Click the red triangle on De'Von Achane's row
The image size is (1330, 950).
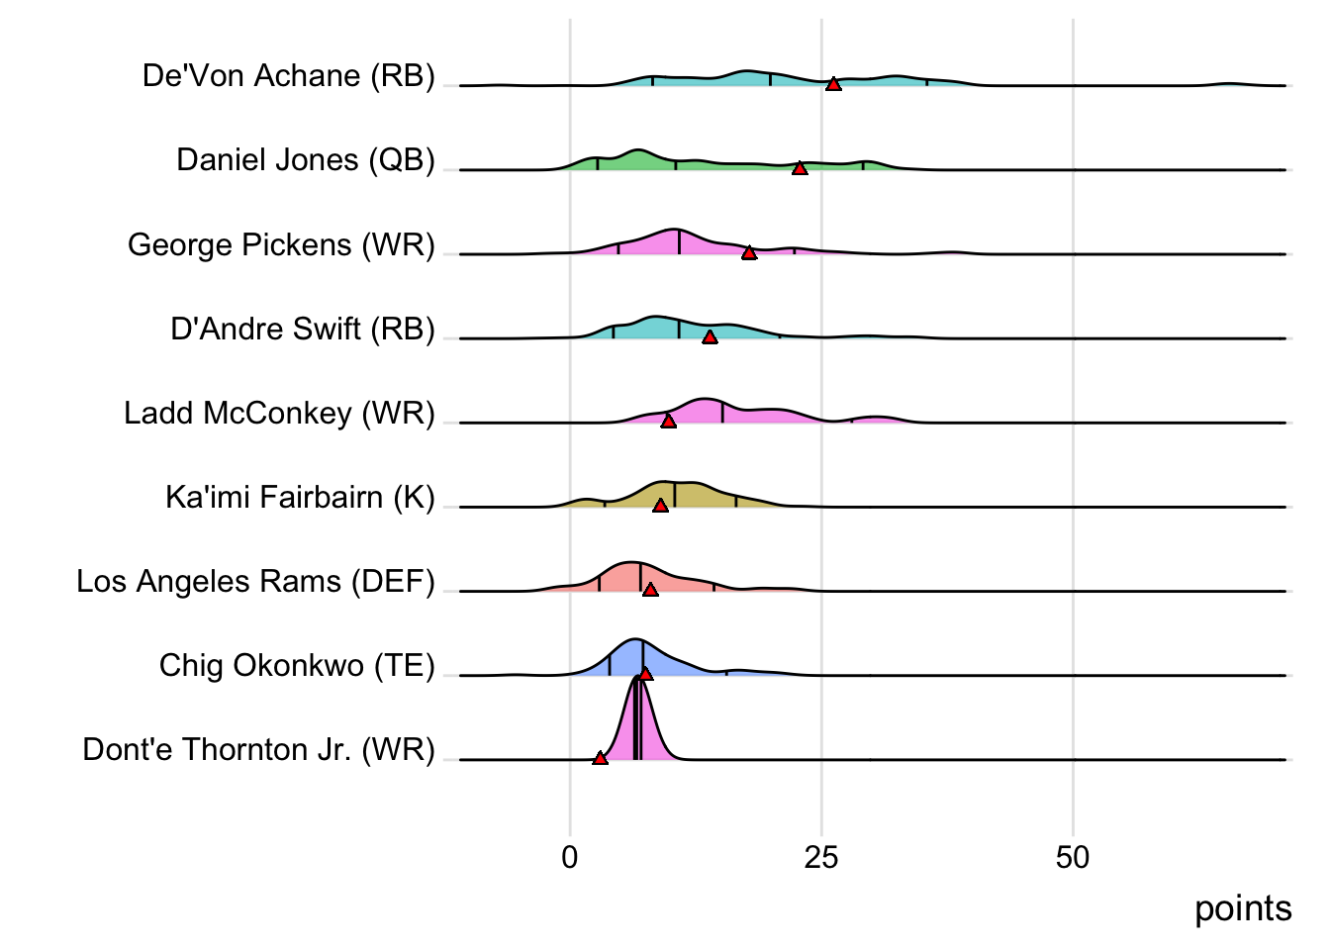(833, 84)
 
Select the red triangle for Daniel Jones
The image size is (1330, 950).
(800, 168)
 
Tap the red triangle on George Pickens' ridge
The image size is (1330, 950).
(749, 252)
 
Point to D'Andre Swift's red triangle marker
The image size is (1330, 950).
(710, 336)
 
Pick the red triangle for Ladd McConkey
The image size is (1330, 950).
(668, 421)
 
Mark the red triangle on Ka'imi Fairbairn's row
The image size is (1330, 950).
(660, 505)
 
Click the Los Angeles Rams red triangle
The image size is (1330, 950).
(650, 589)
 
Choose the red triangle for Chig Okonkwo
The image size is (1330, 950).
(645, 673)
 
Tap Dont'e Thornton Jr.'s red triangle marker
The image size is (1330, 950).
(600, 757)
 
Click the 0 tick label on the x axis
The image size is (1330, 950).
(569, 857)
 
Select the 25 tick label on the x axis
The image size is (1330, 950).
(821, 857)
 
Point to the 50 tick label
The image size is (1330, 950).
(1073, 857)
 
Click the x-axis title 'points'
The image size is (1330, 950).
(1243, 908)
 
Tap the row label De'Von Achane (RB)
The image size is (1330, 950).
(288, 76)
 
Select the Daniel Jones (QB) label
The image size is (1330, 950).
(305, 160)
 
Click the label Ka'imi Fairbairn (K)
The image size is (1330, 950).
(300, 497)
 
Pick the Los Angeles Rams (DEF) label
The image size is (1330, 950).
(255, 581)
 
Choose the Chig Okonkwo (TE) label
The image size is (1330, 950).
(297, 665)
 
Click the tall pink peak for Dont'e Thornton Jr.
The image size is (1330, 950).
(638, 722)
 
